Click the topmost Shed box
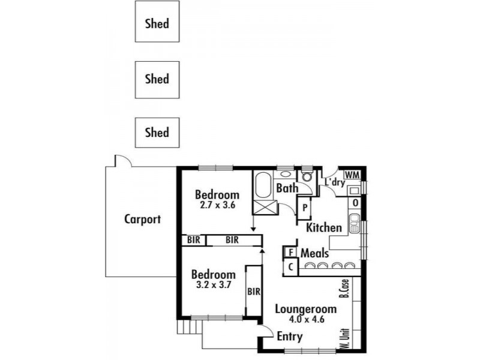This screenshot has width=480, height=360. [157, 22]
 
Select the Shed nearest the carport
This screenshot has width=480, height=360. [157, 133]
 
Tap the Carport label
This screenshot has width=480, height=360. [142, 219]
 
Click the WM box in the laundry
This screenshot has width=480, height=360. [352, 175]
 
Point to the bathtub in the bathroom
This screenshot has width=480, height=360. [263, 185]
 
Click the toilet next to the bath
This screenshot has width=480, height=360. [307, 176]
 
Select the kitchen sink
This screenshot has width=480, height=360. [355, 223]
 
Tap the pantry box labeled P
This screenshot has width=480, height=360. [305, 208]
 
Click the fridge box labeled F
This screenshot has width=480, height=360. [291, 253]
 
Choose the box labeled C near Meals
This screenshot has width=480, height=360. [291, 267]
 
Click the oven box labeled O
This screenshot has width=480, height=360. [355, 203]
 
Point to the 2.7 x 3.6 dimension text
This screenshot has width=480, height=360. [217, 205]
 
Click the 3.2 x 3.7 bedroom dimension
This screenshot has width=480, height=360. [214, 284]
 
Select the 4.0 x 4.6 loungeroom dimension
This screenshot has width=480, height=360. [307, 319]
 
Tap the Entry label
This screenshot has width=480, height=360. [290, 337]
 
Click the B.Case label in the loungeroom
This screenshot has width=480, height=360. [344, 289]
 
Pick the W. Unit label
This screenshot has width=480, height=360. [344, 338]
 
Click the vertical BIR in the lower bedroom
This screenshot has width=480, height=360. [254, 292]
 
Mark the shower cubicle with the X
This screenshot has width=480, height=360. [265, 207]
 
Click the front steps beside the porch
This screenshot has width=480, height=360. [189, 327]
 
